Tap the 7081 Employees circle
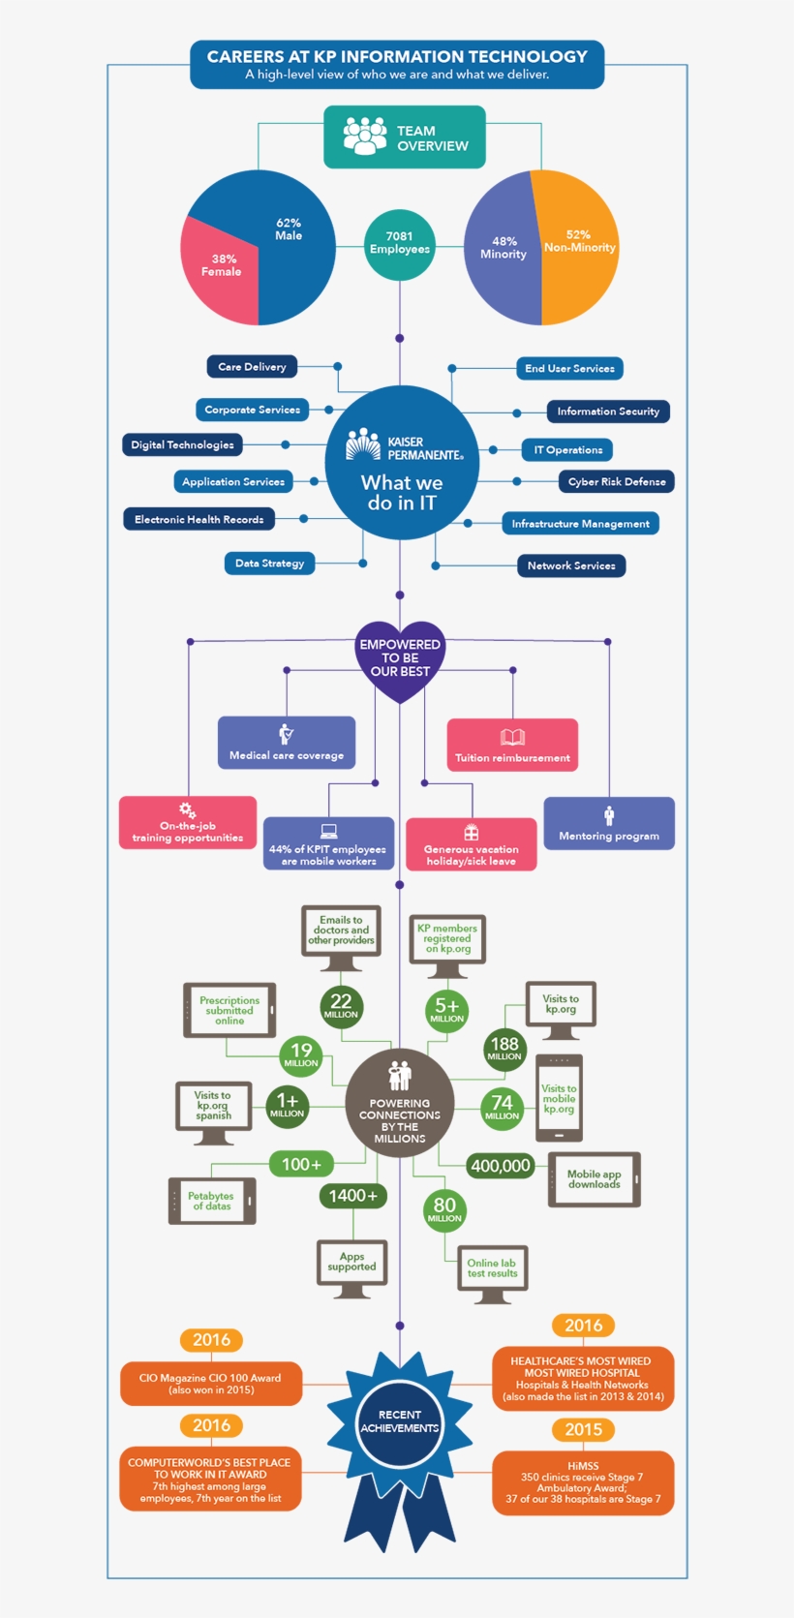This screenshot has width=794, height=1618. (x=399, y=244)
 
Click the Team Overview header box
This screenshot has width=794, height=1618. (x=404, y=137)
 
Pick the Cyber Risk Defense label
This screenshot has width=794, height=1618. (x=616, y=481)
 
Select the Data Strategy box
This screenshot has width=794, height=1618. (x=269, y=563)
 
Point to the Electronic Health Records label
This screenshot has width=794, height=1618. (x=198, y=519)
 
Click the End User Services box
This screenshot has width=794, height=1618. (x=569, y=368)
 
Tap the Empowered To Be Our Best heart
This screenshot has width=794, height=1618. (x=400, y=658)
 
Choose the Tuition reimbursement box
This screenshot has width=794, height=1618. (x=512, y=745)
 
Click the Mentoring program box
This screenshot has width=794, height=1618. (x=608, y=823)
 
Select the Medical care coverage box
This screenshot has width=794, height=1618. (x=287, y=742)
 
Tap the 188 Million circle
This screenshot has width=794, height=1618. (x=504, y=1048)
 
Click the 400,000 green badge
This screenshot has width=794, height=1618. (x=501, y=1166)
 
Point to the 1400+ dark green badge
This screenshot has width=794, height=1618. (x=352, y=1196)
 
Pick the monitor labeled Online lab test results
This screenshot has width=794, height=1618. (x=492, y=1270)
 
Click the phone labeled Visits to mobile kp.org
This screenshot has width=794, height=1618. (x=559, y=1098)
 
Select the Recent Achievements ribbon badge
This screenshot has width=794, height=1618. (x=399, y=1423)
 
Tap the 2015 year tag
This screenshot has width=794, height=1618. (x=584, y=1429)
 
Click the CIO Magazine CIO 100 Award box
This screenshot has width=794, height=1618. (x=210, y=1383)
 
